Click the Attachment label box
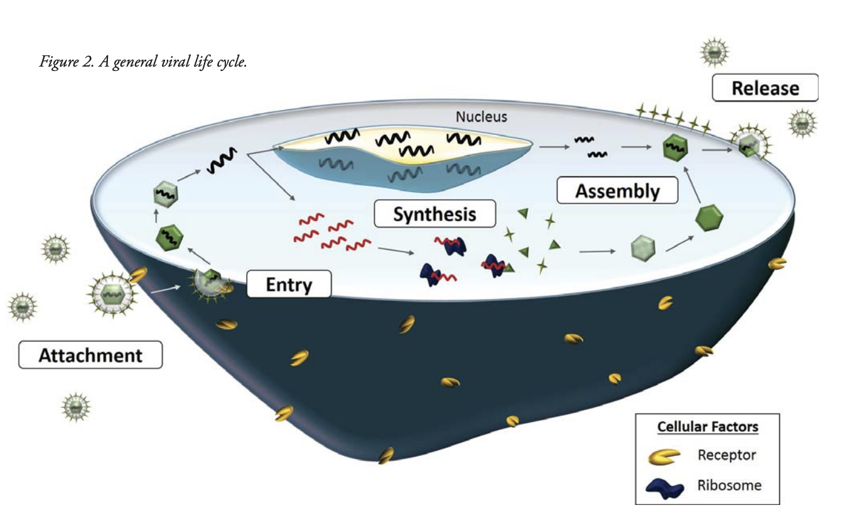coord(90,355)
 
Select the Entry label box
coord(288,285)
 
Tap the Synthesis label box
coord(434,214)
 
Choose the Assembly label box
coord(617,190)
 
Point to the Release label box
coord(765,88)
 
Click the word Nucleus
coord(481,117)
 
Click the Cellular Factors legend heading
coord(708,427)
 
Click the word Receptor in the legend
coord(726,455)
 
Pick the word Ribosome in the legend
coord(729,485)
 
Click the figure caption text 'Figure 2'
coord(67,63)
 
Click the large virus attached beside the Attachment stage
coord(112,293)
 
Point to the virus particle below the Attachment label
coord(76,408)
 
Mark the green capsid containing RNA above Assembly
coord(675,149)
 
